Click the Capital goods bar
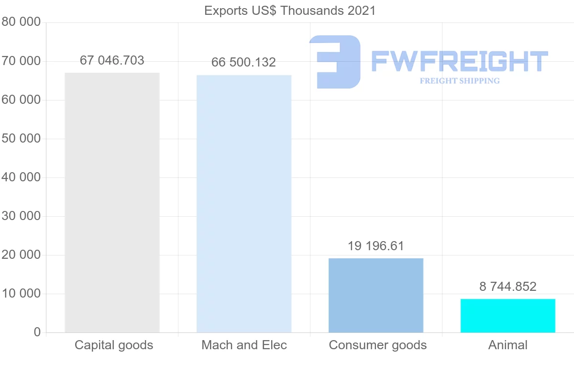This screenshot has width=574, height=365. (112, 202)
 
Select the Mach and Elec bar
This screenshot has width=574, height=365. (244, 203)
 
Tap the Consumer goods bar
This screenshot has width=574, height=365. (376, 295)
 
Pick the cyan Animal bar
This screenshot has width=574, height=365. (508, 316)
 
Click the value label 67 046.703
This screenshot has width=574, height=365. (112, 60)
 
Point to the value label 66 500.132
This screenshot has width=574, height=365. (244, 63)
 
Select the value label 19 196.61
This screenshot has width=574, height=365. (376, 246)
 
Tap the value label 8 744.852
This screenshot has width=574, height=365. (508, 287)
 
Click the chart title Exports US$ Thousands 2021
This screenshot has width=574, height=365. (290, 11)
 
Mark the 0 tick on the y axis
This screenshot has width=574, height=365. (37, 332)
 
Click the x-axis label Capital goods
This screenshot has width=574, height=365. (114, 345)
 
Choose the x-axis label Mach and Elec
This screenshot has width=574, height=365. (244, 345)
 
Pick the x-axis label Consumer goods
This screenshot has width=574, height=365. (377, 345)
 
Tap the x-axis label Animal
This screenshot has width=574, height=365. (508, 345)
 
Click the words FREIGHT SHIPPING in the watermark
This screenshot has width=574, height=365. (460, 81)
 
